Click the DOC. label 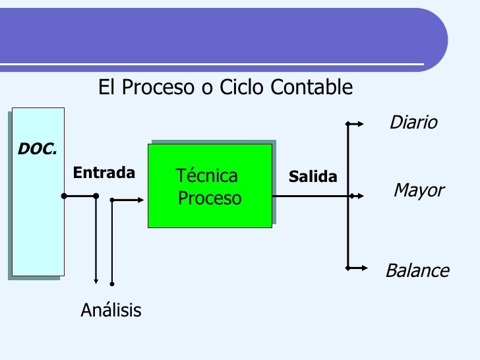[x=37, y=150]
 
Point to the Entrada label [x=104, y=173]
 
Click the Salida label [x=313, y=177]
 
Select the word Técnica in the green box [x=207, y=176]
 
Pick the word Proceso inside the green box [x=210, y=198]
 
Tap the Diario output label [x=413, y=123]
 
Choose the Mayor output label [x=419, y=191]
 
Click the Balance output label [x=417, y=271]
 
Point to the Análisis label [x=111, y=310]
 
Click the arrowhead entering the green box [x=141, y=200]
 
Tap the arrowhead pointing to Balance [x=363, y=268]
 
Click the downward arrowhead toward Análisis [x=96, y=281]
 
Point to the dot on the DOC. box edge [x=64, y=196]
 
